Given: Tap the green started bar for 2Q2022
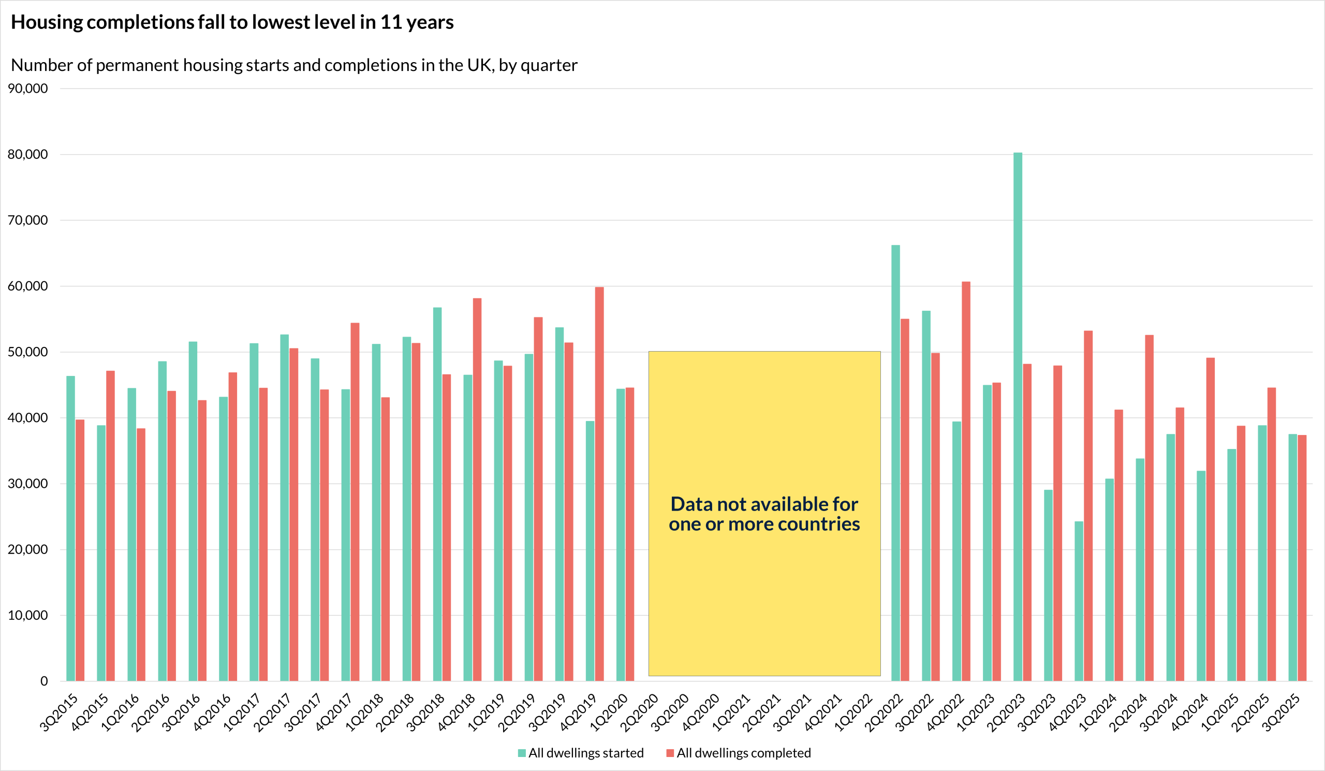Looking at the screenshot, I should point(895,463).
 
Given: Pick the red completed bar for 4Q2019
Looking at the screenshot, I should point(599,484).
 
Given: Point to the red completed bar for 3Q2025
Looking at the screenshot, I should point(1302,558).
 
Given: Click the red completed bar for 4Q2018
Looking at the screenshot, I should point(477,490).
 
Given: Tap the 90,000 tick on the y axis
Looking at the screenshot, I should point(27,89).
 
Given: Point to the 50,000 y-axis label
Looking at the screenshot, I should point(27,352).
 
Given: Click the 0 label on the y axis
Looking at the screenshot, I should point(44,681).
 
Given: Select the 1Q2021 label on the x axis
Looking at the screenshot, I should point(731,713).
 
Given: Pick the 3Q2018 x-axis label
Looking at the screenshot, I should point(425,713).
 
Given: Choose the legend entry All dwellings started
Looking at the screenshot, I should point(585,753).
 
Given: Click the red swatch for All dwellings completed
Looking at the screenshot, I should point(670,753).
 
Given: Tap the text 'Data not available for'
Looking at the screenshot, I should point(764,504).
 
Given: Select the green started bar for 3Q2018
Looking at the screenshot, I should point(437,494).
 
